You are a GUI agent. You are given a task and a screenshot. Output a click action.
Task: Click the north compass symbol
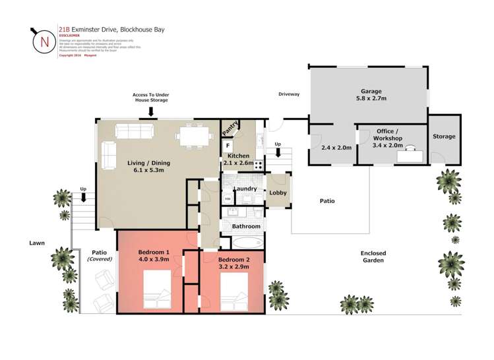point(44,41)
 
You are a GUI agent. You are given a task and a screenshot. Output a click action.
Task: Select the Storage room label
point(444,136)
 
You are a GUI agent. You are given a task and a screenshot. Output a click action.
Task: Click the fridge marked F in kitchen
point(228,146)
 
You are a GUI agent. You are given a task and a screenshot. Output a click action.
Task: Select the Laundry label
point(245,189)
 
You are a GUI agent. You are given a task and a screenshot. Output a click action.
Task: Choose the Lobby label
point(278,193)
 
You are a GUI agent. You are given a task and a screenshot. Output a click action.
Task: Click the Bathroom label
point(246,227)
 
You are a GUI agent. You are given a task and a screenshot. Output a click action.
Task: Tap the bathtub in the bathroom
point(245,241)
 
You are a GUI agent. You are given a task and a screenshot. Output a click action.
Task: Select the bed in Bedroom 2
point(233,292)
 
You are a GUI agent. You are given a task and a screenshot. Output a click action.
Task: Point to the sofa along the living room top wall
point(135,131)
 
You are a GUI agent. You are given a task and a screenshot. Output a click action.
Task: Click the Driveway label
point(288,94)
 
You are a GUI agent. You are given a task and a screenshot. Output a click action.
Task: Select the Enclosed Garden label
point(373,256)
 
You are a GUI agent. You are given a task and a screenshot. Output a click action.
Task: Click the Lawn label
point(37,243)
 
